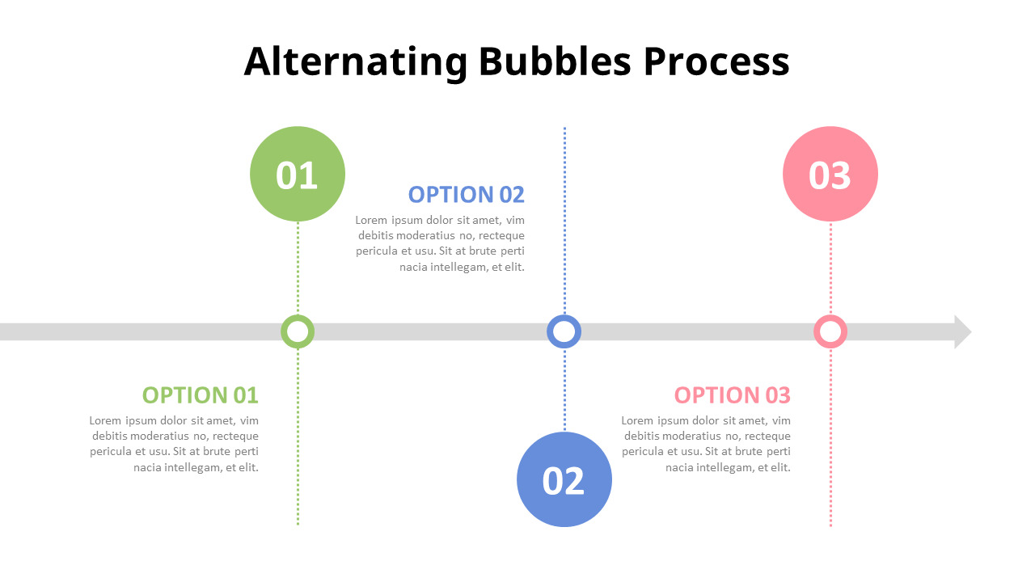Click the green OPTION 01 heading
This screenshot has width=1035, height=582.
pos(200,395)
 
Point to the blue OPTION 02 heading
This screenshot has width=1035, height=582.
pos(466,195)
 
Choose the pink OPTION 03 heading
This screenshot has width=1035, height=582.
pos(732,395)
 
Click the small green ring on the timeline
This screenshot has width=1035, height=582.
pos(298,331)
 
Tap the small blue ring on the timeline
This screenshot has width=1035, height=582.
pos(564,331)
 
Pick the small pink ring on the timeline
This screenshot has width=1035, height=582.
pos(830,331)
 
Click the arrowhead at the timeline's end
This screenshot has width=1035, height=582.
pos(962,331)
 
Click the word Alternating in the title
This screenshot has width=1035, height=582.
pos(356,61)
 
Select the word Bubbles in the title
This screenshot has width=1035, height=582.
pos(555,61)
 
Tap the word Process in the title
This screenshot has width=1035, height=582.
pos(716,61)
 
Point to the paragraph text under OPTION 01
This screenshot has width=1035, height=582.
pos(175,444)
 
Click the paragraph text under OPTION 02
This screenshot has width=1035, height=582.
pos(441,243)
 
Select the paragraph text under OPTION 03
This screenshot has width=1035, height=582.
pos(707,444)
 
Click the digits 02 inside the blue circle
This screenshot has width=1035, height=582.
pos(564,481)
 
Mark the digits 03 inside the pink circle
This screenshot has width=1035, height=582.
pos(830,175)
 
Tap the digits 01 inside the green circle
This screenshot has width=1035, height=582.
pos(297,175)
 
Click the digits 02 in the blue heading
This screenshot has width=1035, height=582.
pos(511,195)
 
